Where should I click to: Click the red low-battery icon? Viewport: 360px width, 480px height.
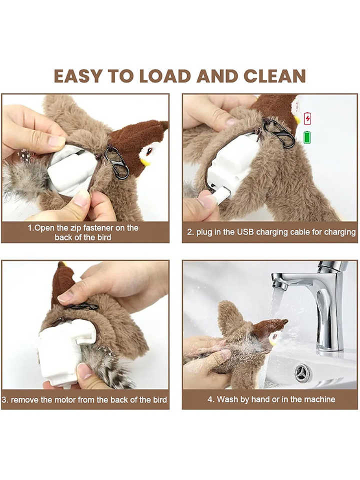[308, 118]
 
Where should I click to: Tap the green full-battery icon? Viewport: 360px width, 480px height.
[307, 137]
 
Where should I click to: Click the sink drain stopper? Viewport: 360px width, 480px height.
[303, 373]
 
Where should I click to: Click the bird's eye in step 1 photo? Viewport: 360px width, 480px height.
[149, 151]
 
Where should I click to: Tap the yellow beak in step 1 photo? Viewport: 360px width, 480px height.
[145, 162]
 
